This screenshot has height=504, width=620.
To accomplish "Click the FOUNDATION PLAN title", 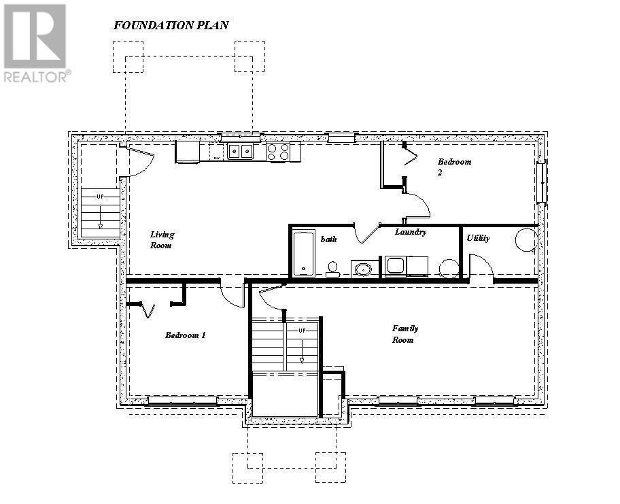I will [x=171, y=25].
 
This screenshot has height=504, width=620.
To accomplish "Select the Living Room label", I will [x=162, y=239].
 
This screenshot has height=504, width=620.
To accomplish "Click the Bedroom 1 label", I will [x=185, y=335].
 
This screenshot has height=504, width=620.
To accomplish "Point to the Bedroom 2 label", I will [x=453, y=167].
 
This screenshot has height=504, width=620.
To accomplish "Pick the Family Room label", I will [x=404, y=333].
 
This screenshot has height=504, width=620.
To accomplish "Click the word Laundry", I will [x=411, y=232].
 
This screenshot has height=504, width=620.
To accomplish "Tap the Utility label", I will [x=478, y=238].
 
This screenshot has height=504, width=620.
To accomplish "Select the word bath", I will [x=329, y=239].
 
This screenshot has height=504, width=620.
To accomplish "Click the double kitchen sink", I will [x=240, y=151].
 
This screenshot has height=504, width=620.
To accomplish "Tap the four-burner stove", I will [x=278, y=151].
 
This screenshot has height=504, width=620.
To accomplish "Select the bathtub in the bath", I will [x=303, y=253].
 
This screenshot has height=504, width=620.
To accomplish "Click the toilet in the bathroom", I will [x=332, y=269].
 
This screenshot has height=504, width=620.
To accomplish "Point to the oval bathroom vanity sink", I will [x=364, y=269].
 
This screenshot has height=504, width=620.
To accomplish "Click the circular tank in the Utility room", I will [x=526, y=239].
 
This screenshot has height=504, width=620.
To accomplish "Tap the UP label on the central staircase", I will [x=302, y=330].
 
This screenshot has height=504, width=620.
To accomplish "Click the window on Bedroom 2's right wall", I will [x=541, y=182].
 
